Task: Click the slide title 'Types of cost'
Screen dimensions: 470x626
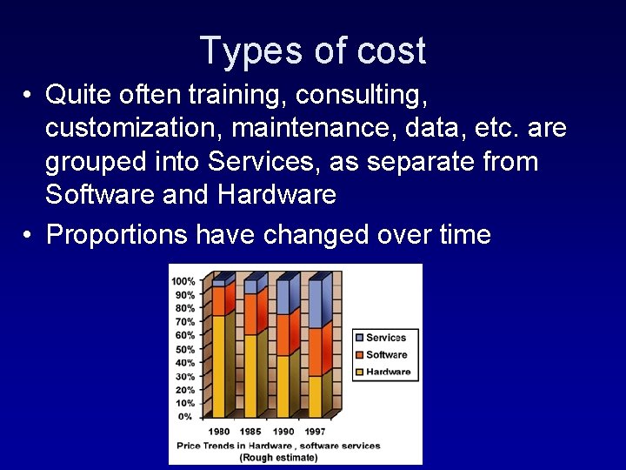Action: [x=312, y=50]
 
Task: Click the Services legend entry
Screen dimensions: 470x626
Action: [x=385, y=338]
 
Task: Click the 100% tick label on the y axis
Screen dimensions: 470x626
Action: [x=183, y=281]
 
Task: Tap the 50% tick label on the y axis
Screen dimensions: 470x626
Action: [x=184, y=349]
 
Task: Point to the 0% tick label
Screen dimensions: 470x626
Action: [x=186, y=417]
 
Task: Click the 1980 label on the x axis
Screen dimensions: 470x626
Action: [x=219, y=432]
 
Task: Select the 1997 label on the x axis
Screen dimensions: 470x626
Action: [x=315, y=432]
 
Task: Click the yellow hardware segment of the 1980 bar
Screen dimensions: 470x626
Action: [x=218, y=366]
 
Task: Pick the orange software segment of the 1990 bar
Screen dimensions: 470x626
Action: [x=284, y=335]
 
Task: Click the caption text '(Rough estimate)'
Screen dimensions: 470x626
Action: [x=279, y=457]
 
